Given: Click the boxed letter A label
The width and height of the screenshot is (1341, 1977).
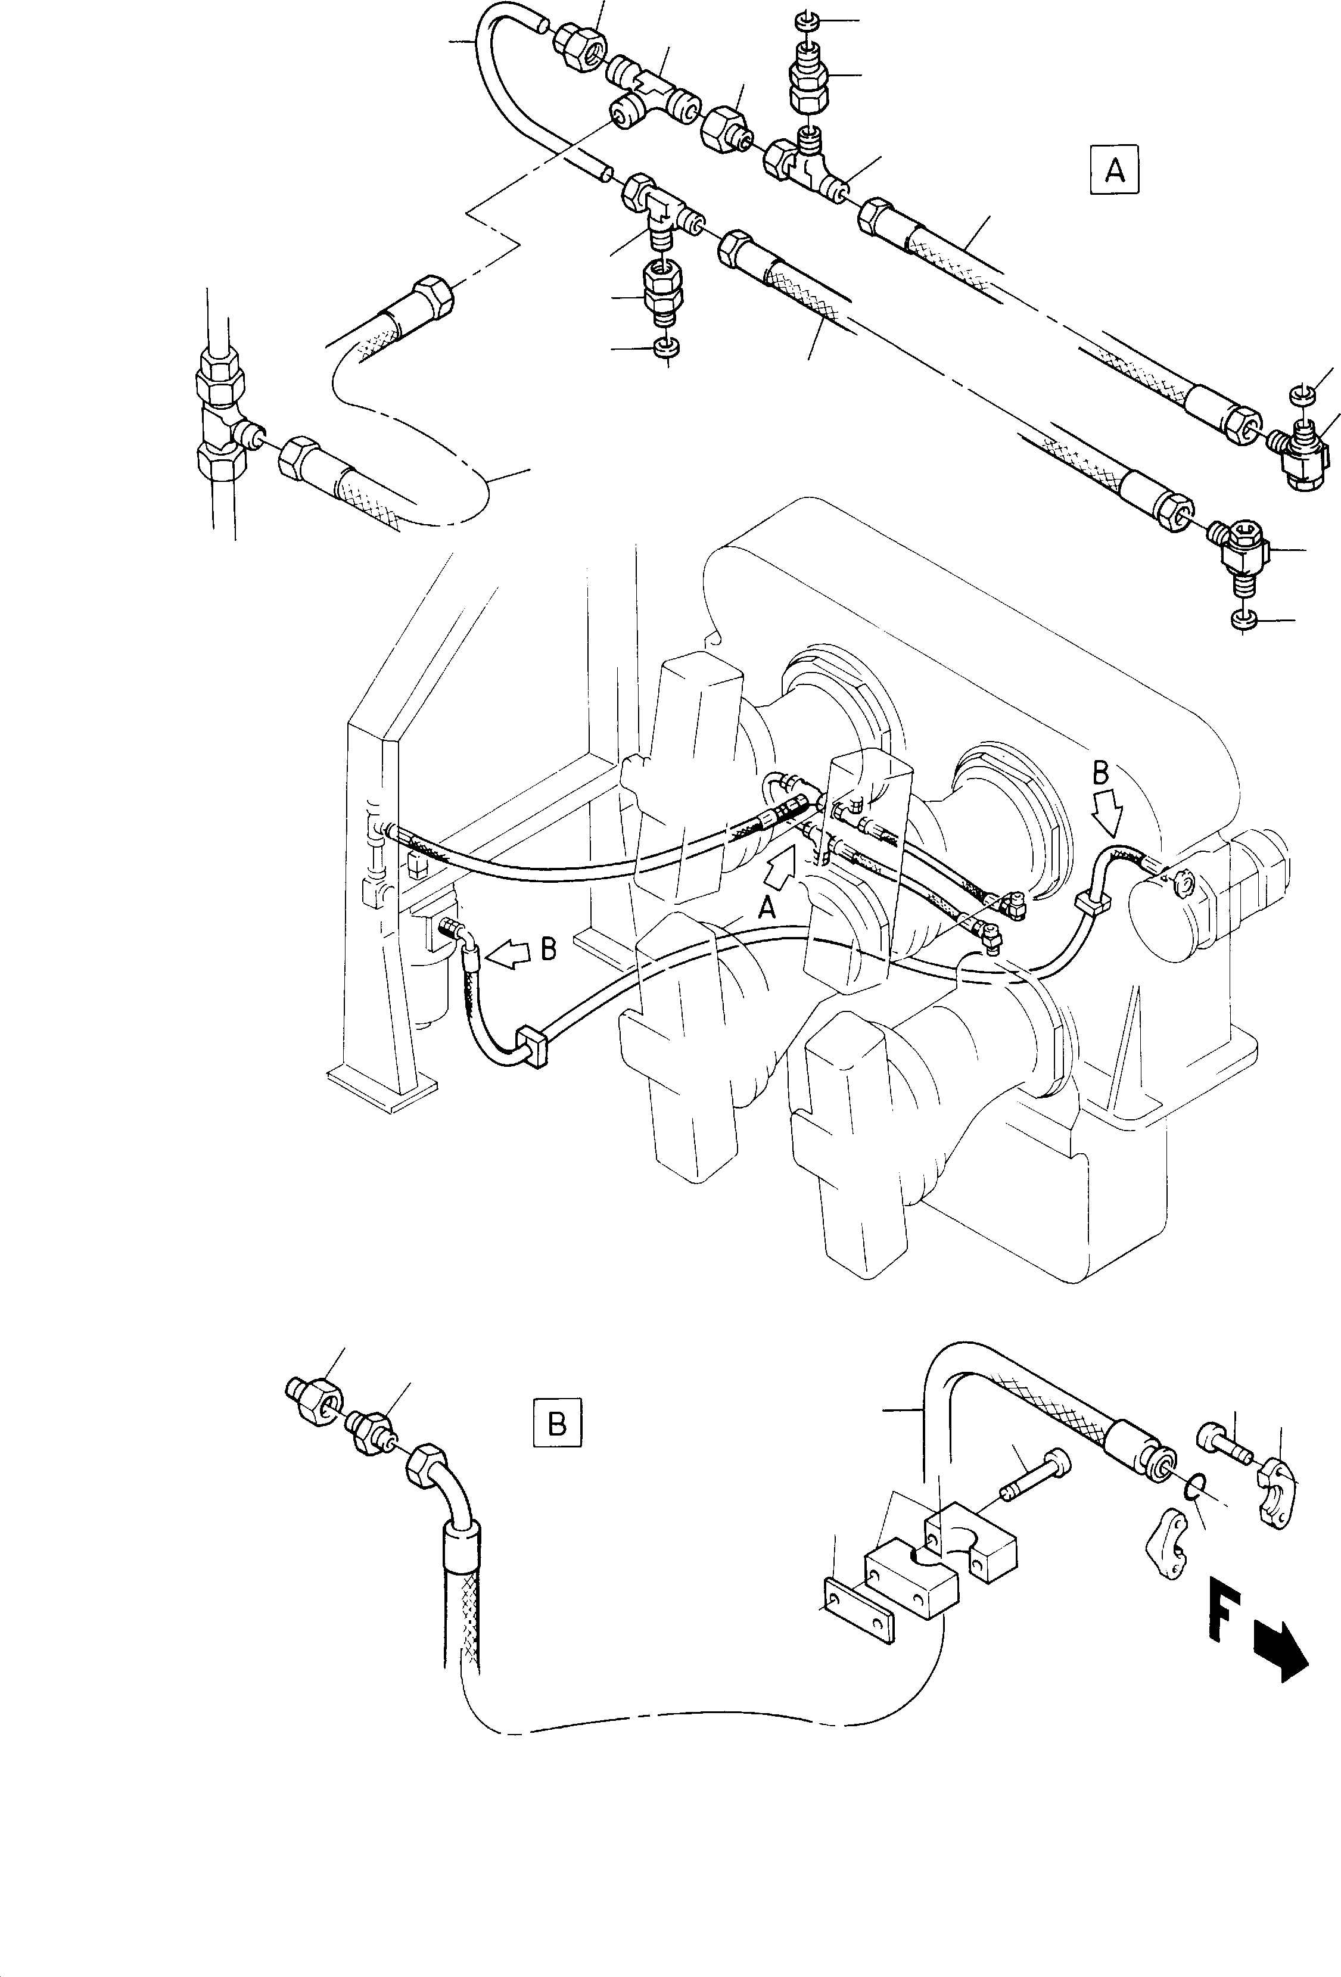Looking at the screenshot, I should pos(1114,171).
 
